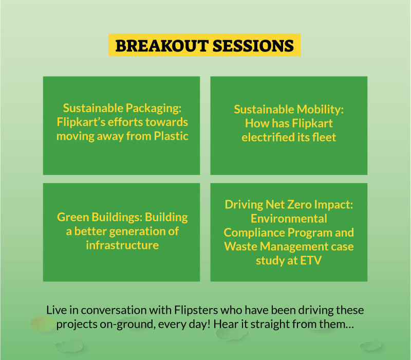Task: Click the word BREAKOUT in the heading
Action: click(162, 46)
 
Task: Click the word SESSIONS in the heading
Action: click(253, 46)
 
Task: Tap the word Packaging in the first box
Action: click(153, 109)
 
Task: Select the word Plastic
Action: click(171, 136)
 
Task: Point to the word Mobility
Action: click(320, 110)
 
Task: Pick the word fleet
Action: click(324, 137)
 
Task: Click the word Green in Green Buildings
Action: click(72, 217)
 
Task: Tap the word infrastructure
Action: click(122, 245)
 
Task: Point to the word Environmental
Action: click(289, 219)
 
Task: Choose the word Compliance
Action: click(254, 233)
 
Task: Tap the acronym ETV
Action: click(311, 261)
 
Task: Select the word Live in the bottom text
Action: click(57, 310)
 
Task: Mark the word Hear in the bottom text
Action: click(226, 325)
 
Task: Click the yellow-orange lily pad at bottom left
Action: click(43, 323)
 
